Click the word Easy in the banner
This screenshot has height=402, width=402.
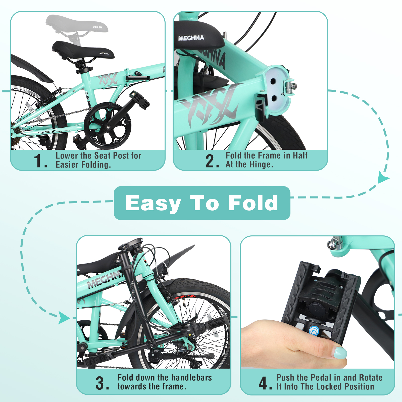pyautogui.click(x=153, y=203)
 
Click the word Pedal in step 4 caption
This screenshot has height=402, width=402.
pyautogui.click(x=320, y=378)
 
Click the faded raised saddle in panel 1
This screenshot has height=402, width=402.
pyautogui.click(x=77, y=24)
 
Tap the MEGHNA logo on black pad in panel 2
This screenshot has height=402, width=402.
pyautogui.click(x=191, y=38)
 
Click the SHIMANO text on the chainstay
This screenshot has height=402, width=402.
pyautogui.click(x=47, y=132)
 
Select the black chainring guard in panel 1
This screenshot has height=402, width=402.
pyautogui.click(x=108, y=126)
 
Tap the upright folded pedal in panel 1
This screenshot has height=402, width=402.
pyautogui.click(x=140, y=100)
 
